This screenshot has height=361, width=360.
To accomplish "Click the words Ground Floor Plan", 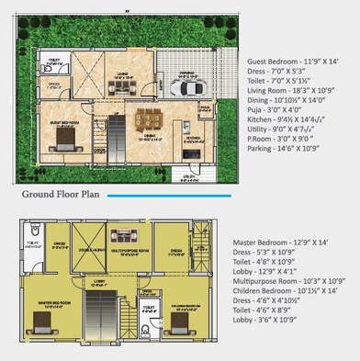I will click(62, 195).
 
